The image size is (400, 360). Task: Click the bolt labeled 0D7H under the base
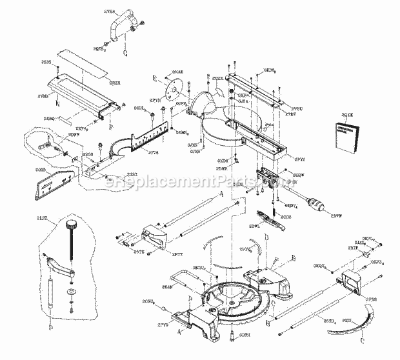coord(229,333)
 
